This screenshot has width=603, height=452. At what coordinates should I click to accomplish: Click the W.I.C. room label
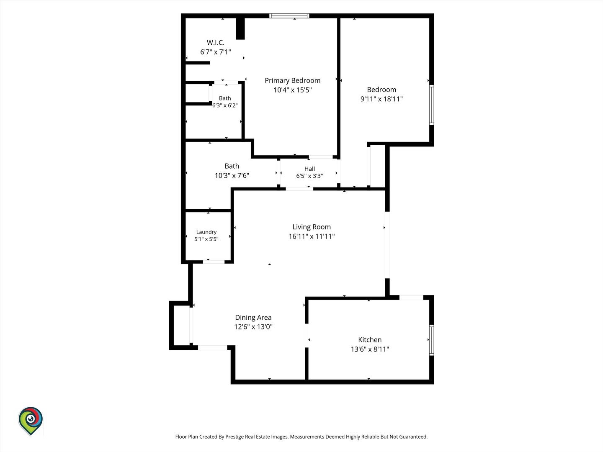(x=215, y=43)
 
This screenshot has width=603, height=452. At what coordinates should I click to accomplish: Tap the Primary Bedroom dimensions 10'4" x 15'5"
(x=293, y=90)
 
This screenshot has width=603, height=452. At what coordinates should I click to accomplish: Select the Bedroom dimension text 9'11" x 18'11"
(x=381, y=99)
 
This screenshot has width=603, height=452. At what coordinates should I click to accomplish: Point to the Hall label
(x=309, y=169)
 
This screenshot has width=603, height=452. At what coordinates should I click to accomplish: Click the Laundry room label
(x=206, y=232)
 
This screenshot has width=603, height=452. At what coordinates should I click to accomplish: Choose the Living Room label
(x=312, y=227)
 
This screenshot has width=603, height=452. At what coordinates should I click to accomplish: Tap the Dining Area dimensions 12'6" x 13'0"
(x=253, y=326)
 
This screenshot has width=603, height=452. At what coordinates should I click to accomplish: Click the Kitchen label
(x=370, y=340)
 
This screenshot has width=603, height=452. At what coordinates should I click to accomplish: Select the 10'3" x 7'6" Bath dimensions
(x=232, y=175)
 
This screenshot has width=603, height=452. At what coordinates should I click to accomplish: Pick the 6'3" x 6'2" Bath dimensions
(x=225, y=105)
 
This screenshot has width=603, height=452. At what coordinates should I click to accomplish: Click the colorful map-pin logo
(x=31, y=421)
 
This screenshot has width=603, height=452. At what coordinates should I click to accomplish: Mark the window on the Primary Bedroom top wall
(x=289, y=16)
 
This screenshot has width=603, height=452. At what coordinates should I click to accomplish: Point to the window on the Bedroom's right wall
(x=432, y=105)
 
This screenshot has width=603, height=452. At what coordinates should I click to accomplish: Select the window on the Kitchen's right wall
(x=432, y=340)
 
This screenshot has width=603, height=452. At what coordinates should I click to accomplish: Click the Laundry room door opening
(x=214, y=262)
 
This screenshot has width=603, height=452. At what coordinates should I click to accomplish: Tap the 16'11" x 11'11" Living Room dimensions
(x=312, y=236)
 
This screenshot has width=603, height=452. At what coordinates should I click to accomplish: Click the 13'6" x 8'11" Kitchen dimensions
(x=370, y=349)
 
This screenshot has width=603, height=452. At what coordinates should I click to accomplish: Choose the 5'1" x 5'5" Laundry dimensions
(x=206, y=239)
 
